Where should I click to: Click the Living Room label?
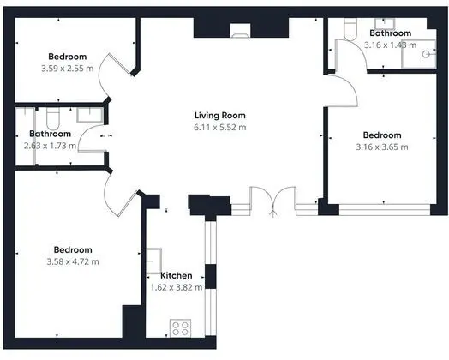tap(220, 116)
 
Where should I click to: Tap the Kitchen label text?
tap(177, 275)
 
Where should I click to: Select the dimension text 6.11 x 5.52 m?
tap(220, 127)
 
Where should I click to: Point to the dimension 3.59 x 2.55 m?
tap(68, 69)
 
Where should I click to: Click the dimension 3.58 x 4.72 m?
tap(73, 261)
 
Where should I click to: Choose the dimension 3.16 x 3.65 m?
tap(382, 147)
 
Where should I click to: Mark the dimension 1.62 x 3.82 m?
tap(177, 287)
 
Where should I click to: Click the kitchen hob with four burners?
tap(181, 328)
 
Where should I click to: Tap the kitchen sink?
tap(153, 261)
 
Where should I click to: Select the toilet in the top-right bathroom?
tap(350, 29)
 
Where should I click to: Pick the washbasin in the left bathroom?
tap(90, 115)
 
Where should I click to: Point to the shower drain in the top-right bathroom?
tap(426, 54)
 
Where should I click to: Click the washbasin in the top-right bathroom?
tap(385, 24)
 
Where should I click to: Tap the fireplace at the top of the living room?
tap(240, 31)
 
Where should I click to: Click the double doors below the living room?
tap(273, 201)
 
